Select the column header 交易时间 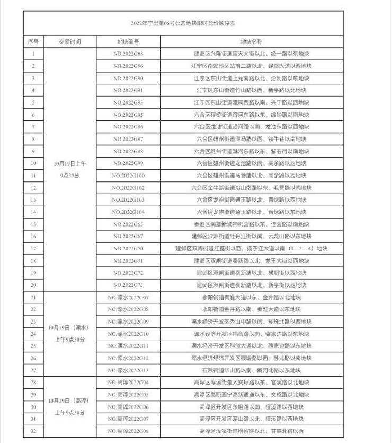tap(70, 41)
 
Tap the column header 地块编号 tap(128, 41)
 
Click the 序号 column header tap(33, 41)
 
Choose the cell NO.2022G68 tap(128, 54)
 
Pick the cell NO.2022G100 tap(128, 175)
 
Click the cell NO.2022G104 tap(128, 212)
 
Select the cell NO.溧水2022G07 tap(128, 297)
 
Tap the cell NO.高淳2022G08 tap(128, 431)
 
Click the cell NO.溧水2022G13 tap(128, 370)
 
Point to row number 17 tap(33, 248)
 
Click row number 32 tap(33, 431)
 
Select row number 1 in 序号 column tap(33, 54)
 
